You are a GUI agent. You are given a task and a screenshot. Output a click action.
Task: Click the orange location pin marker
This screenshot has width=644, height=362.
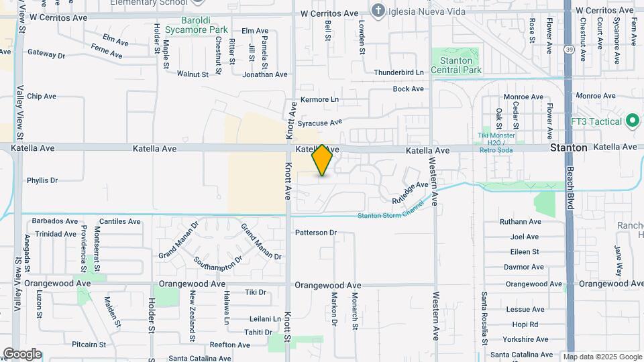coord(323,160)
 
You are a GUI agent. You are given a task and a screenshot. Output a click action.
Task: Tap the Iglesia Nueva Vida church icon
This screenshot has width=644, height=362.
coord(379,11)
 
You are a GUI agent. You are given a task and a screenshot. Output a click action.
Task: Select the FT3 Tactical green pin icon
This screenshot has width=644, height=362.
coord(631,121)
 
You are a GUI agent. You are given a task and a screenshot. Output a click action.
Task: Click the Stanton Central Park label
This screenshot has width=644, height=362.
coord(457,64)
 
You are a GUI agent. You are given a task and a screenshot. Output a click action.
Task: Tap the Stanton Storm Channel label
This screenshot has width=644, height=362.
coord(390,215)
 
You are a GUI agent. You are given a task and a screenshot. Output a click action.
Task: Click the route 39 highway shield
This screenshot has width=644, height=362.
coord(568,50)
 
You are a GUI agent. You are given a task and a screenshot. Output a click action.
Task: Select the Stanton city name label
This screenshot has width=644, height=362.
coord(569,147)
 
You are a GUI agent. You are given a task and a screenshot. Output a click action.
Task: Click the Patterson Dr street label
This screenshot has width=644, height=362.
coord(315,233)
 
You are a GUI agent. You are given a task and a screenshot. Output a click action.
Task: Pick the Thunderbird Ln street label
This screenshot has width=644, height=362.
coord(399,72)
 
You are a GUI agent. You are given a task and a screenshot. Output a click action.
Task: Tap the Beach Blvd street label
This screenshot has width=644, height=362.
coord(570,188)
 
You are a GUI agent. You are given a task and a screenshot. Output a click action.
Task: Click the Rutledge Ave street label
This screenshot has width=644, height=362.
coord(410,192)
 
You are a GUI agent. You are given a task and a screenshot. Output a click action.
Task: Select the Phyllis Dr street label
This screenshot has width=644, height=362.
coord(42,180)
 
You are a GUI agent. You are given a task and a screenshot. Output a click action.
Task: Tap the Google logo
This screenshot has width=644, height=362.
coord(22,353)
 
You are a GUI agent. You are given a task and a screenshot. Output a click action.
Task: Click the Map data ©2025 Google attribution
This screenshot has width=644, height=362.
coord(602,357)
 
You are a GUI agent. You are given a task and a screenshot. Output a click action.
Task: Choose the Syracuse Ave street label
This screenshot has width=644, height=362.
coord(320,123)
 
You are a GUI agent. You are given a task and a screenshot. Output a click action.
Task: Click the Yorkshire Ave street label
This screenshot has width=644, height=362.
coord(523,339)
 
